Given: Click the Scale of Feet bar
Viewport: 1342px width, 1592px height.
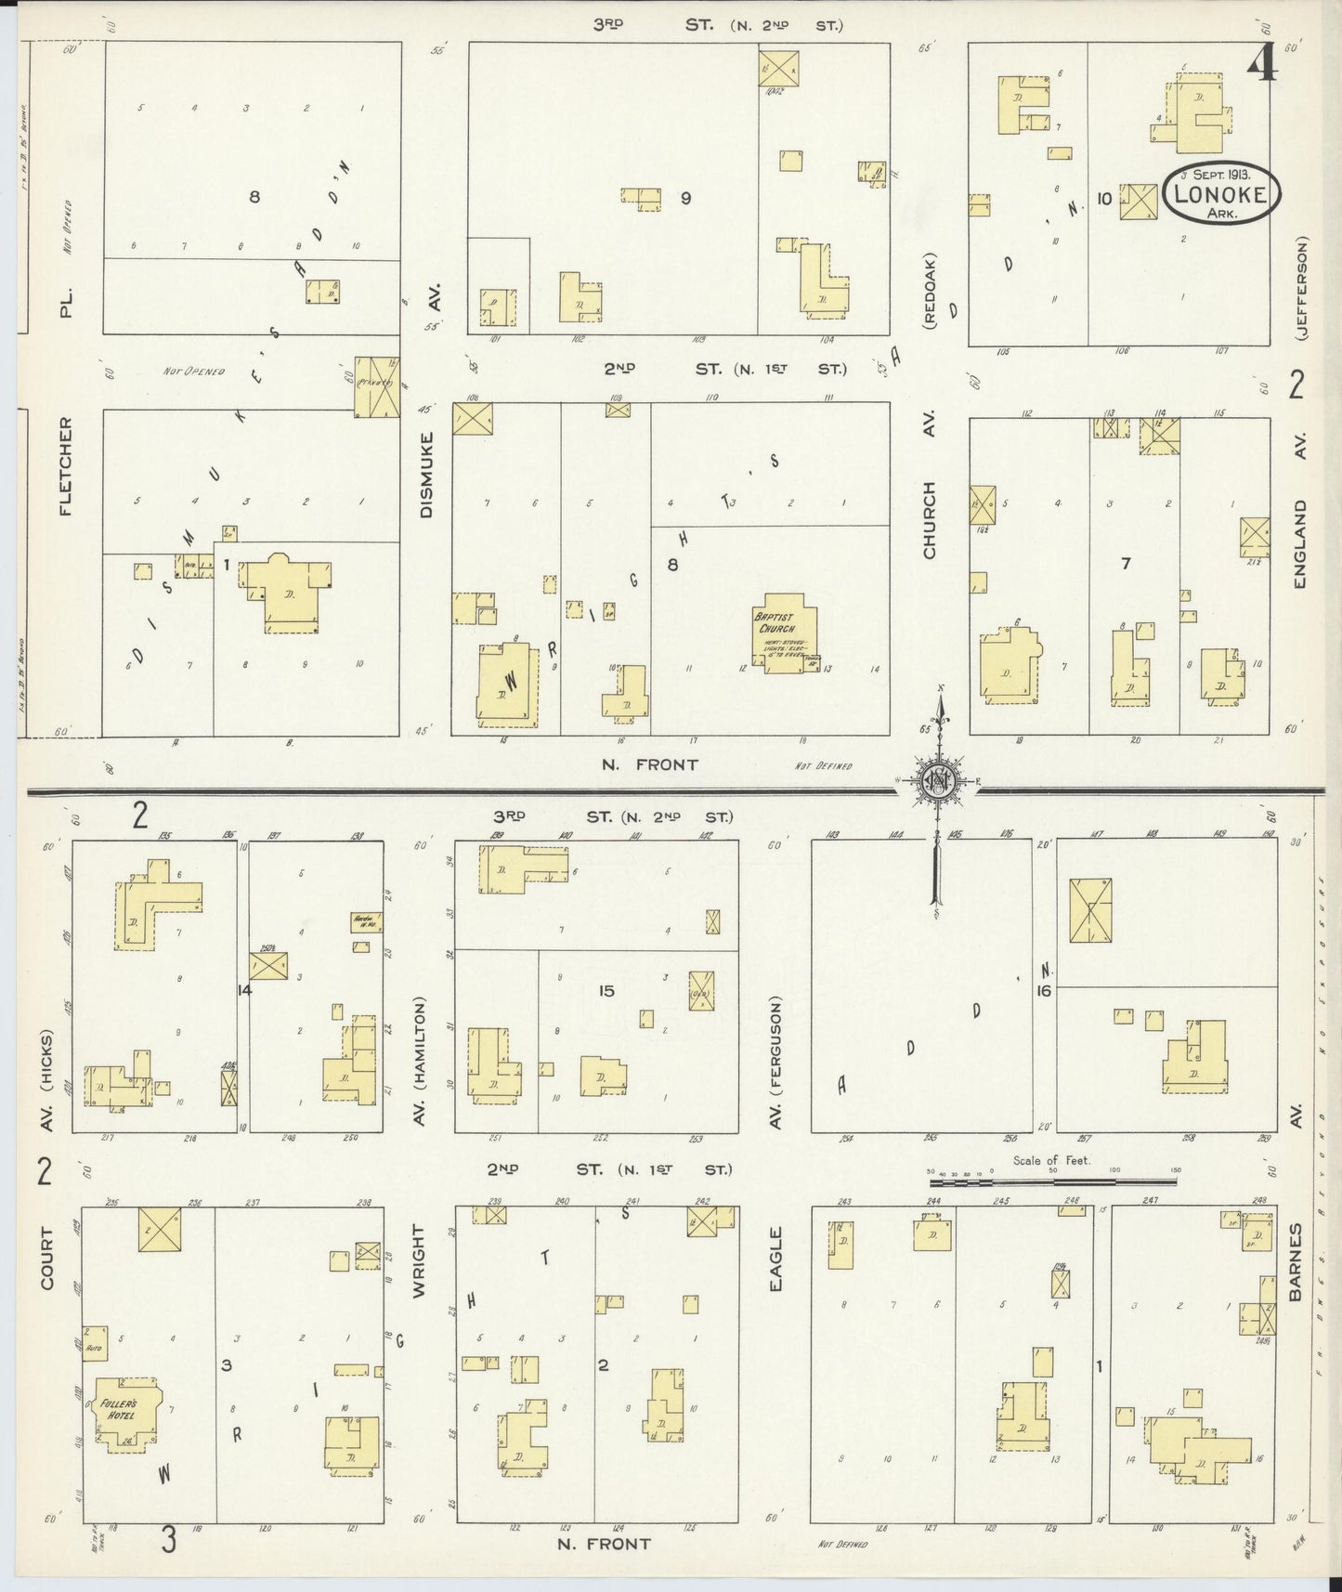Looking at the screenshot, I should [x=1052, y=1181].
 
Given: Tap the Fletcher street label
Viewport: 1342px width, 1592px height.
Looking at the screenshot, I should [x=66, y=466].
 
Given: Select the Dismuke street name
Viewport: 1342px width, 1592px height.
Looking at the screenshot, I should [x=426, y=475].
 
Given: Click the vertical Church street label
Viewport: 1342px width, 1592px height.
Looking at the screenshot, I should [x=929, y=519].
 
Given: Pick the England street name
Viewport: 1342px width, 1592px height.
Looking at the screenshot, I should [x=1300, y=543].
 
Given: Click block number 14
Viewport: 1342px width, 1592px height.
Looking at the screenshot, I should [x=244, y=990].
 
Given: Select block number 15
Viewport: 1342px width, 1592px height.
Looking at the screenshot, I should [x=606, y=991].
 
